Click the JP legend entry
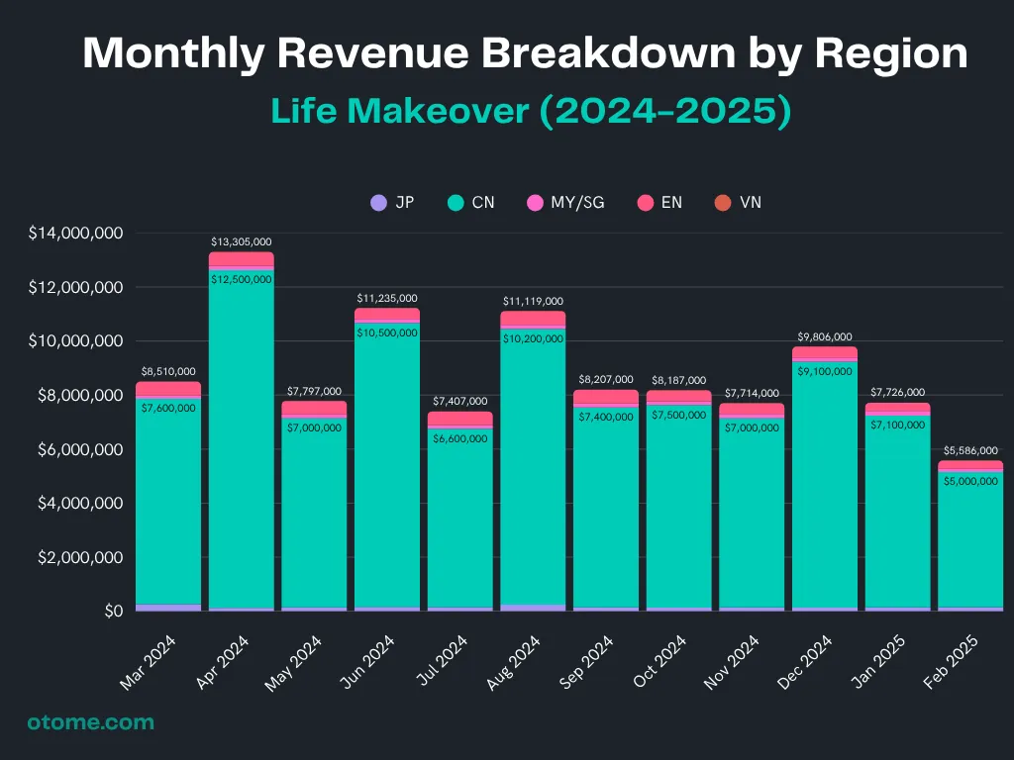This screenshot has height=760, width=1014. tap(392, 203)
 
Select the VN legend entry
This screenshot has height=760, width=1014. tap(738, 203)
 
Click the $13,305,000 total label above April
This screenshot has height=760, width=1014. tap(242, 241)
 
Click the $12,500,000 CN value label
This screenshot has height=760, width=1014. tap(242, 279)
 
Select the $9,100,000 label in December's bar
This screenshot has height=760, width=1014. tap(823, 371)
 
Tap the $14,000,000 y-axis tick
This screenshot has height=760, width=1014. tap(75, 234)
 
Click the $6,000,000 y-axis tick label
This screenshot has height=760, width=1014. tap(75, 449)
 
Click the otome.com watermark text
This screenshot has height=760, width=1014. tap(90, 722)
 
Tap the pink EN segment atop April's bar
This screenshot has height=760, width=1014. tap(242, 259)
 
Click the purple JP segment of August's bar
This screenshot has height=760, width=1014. tap(533, 608)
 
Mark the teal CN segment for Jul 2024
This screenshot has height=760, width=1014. tap(460, 524)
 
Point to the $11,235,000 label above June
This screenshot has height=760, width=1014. tap(387, 298)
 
